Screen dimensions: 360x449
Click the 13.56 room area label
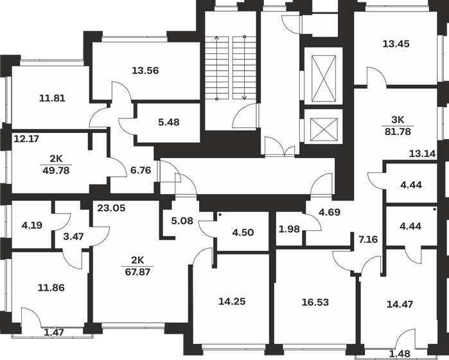(145, 71)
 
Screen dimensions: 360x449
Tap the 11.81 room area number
(52, 98)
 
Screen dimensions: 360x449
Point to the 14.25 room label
(232, 301)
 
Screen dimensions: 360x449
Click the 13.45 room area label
(396, 44)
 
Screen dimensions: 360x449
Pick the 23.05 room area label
(111, 207)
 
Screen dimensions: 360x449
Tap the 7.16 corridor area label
(367, 240)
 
